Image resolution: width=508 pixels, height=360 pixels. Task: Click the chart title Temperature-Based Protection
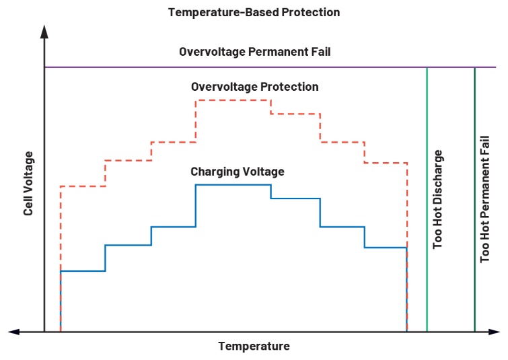[254, 12]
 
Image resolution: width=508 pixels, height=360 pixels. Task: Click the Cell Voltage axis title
[28, 184]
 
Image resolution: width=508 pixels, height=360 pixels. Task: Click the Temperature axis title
[254, 347]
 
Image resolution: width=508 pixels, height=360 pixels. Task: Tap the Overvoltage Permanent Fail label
[254, 52]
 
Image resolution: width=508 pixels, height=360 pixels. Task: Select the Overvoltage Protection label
[254, 87]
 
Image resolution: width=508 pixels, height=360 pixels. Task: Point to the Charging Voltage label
[237, 172]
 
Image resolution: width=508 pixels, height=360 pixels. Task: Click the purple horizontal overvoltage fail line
[202, 67]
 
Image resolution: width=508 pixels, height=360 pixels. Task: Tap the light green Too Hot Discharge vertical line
[427, 269]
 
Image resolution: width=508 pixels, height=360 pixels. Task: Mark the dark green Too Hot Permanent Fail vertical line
[475, 269]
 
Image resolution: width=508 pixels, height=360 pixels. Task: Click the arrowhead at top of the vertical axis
[44, 31]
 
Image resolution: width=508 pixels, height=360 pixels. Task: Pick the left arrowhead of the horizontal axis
[13, 331]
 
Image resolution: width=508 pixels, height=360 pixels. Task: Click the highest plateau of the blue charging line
[233, 184]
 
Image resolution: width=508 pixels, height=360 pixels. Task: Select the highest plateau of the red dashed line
[233, 100]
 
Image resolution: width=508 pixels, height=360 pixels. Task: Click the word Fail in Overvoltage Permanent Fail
[320, 52]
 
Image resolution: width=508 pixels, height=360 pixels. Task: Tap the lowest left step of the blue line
[83, 271]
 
